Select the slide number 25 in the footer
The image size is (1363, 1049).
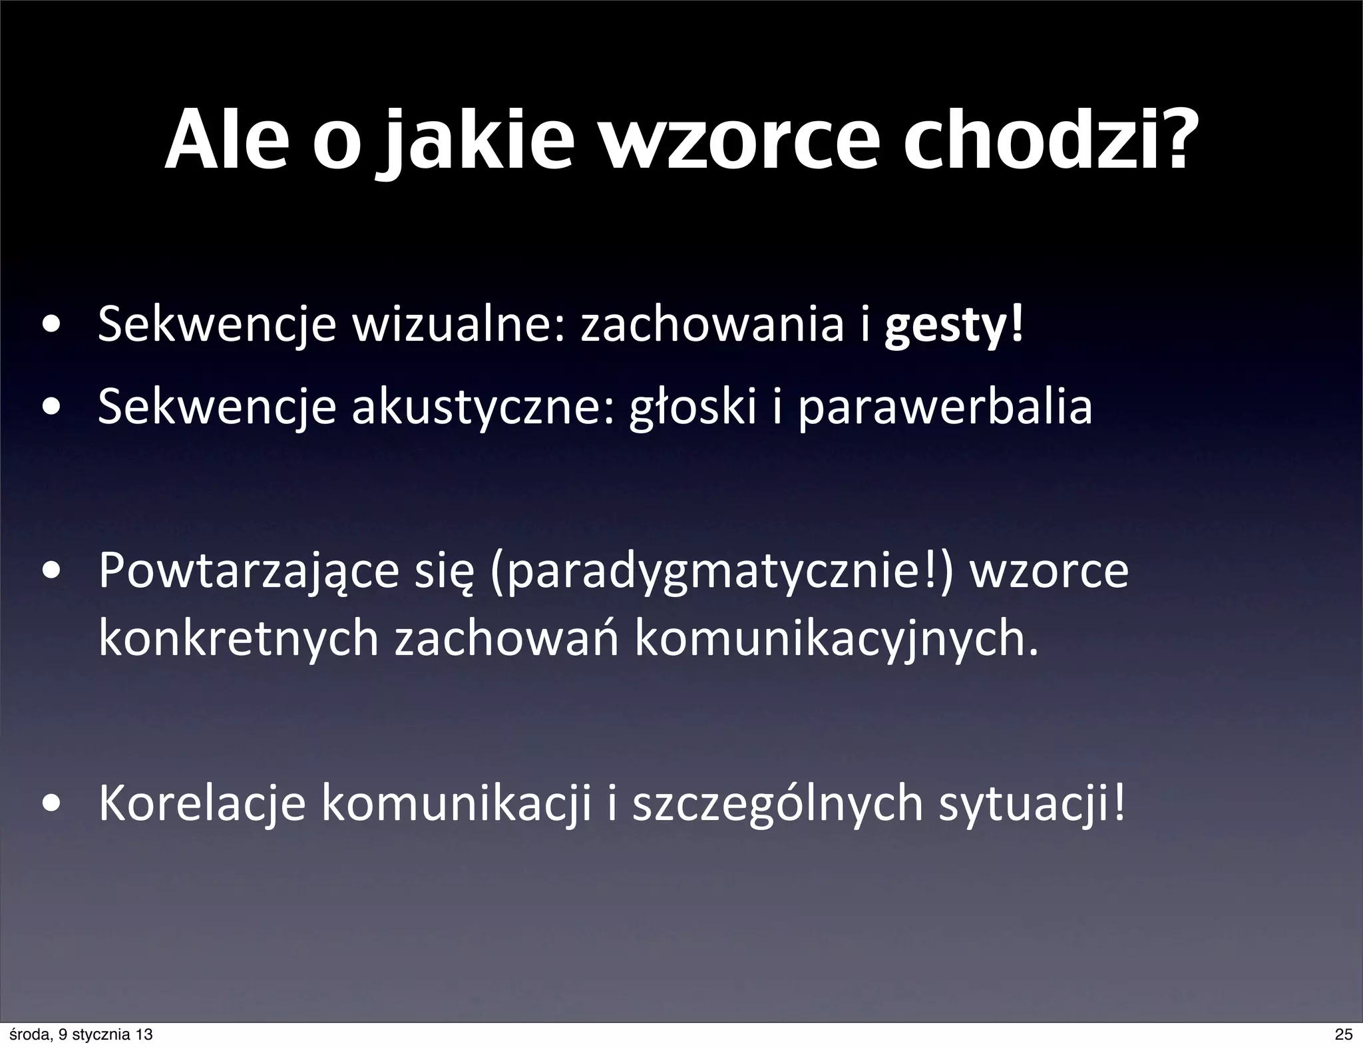coord(1344,1034)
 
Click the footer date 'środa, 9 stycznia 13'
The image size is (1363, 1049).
coord(79,1034)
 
